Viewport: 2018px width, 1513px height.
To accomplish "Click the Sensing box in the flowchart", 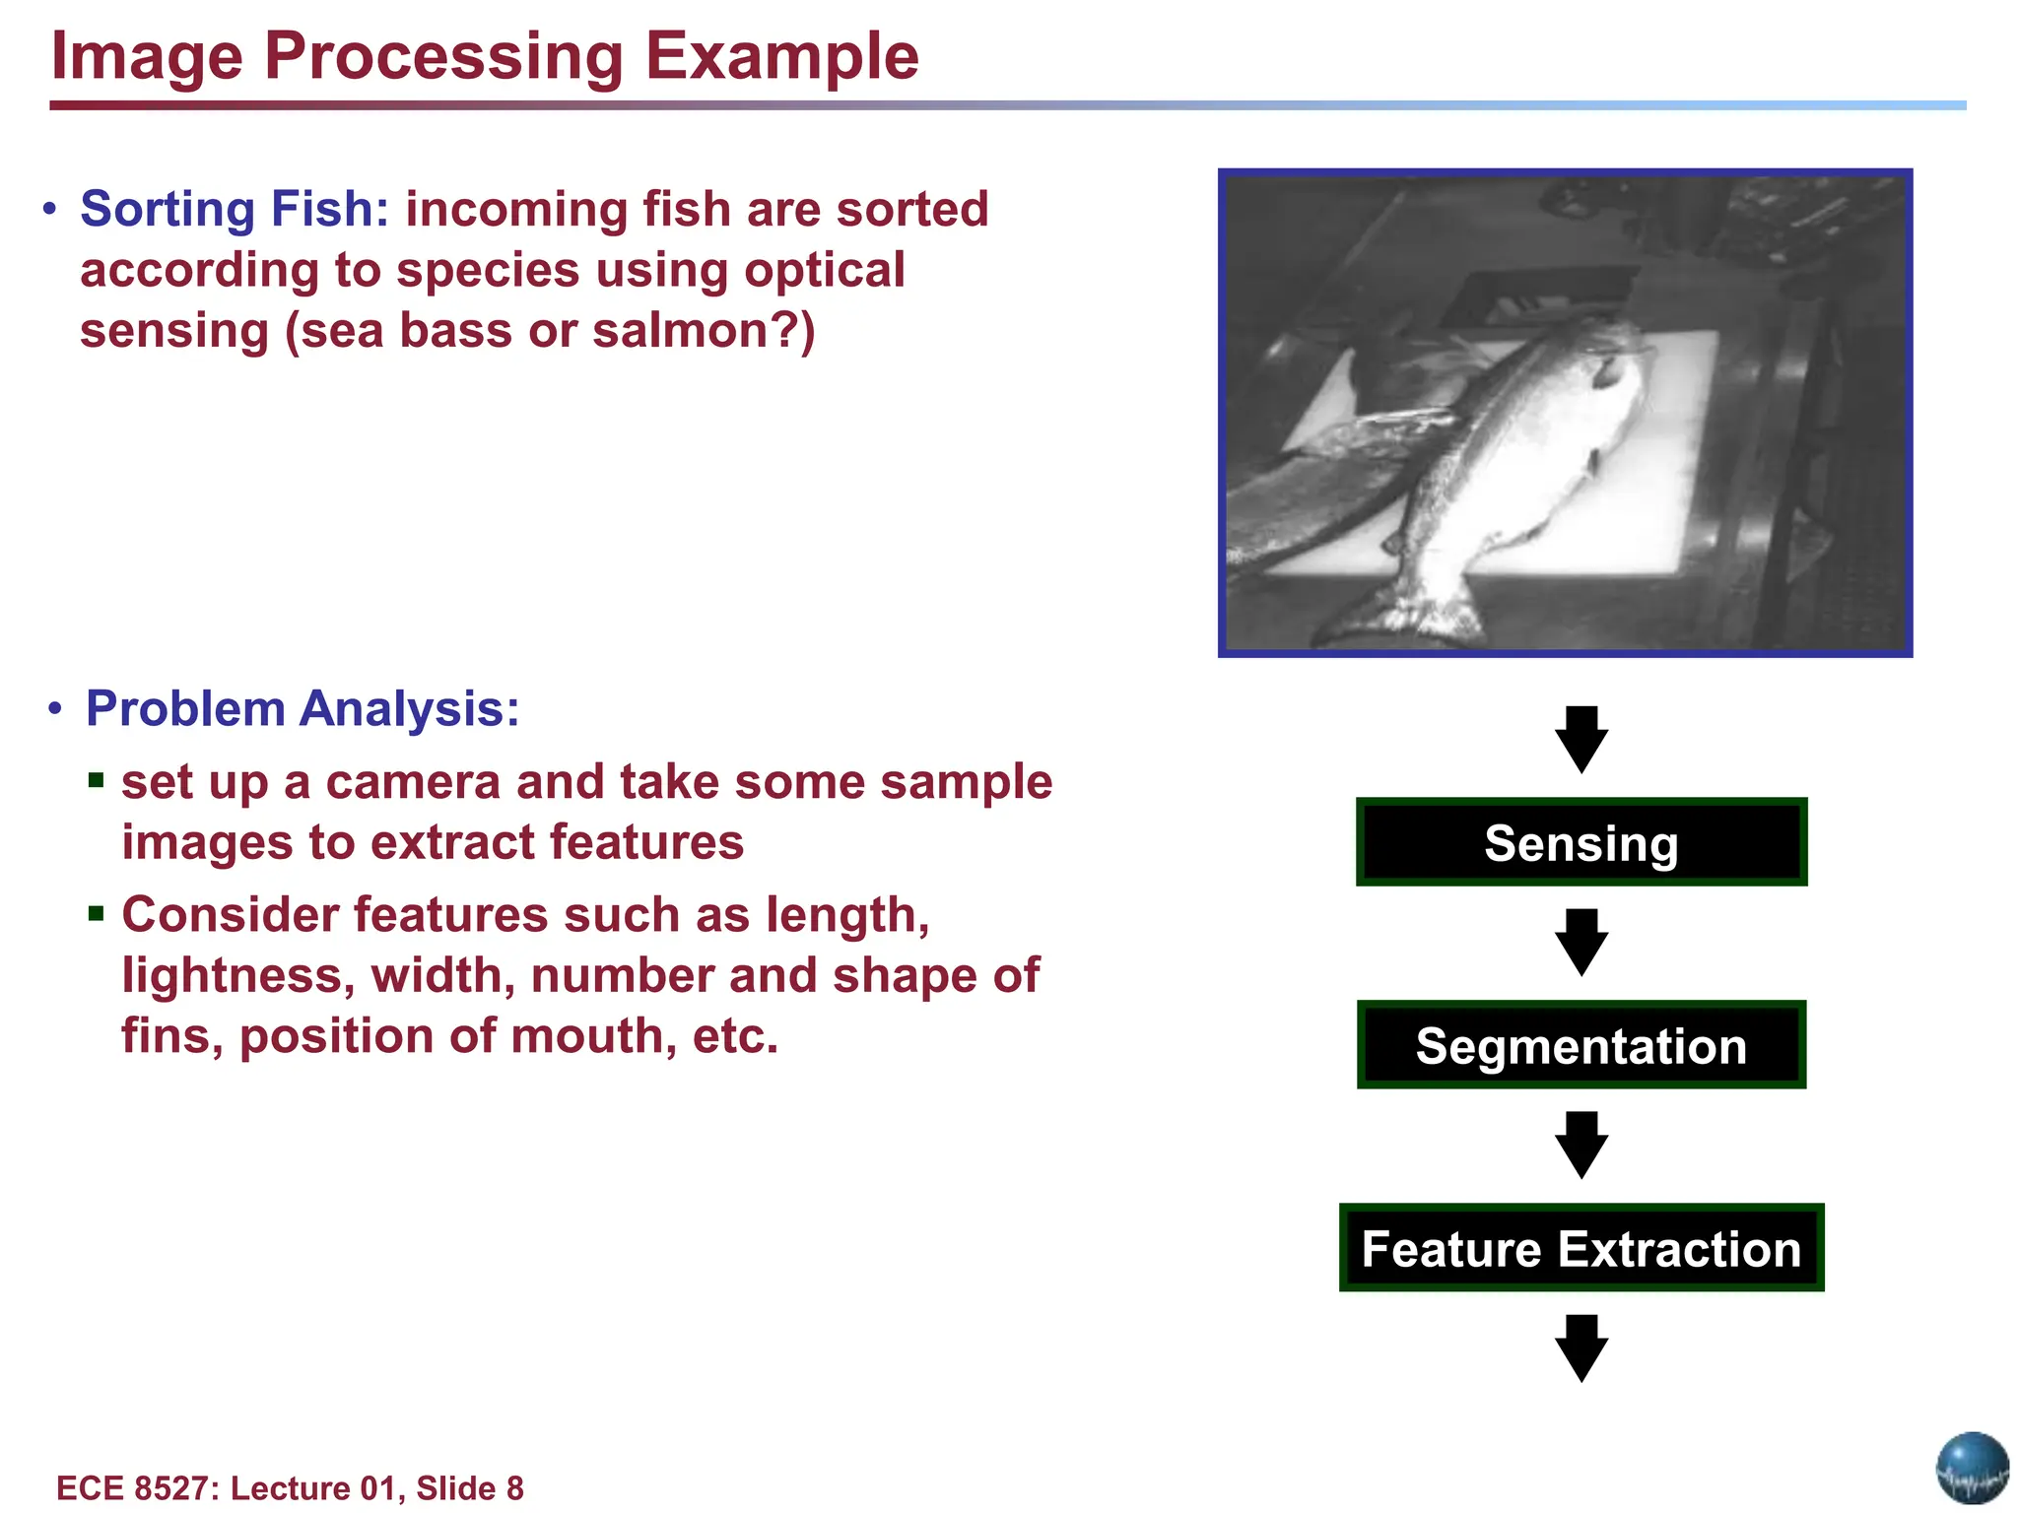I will point(1581,843).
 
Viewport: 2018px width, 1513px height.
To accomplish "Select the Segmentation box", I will point(1581,1045).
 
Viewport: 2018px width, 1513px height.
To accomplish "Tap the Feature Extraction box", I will point(1581,1248).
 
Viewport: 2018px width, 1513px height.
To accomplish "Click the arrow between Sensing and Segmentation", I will point(1581,943).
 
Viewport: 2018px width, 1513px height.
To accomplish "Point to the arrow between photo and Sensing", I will point(1581,739).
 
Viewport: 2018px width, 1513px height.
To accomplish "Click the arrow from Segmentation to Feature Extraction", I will point(1581,1146).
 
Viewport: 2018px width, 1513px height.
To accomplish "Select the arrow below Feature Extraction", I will point(1581,1348).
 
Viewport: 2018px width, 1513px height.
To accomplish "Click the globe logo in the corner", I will point(1972,1468).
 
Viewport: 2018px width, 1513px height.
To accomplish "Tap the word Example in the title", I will point(781,56).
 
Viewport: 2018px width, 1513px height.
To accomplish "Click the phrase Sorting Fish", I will point(235,209).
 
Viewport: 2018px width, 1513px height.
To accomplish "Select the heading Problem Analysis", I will point(303,708).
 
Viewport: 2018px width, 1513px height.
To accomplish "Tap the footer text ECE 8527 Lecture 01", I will point(290,1487).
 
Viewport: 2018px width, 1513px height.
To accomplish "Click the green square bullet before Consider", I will point(96,914).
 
